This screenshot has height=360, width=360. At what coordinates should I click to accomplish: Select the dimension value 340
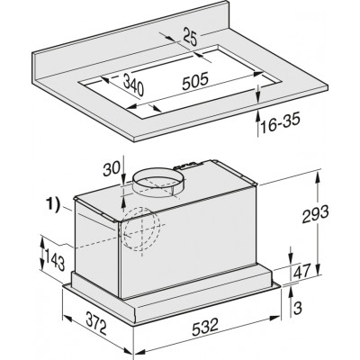pos(139,86)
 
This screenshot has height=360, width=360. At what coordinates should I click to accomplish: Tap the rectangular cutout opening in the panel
pos(171,100)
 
